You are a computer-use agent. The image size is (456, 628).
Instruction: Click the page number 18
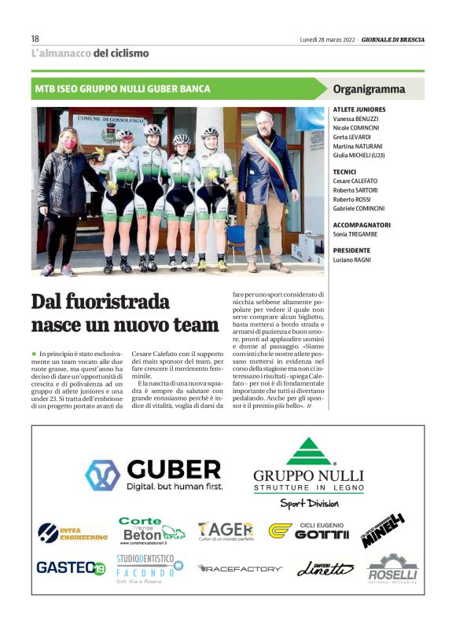pos(35,39)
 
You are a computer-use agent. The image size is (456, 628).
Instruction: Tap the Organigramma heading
pos(369,89)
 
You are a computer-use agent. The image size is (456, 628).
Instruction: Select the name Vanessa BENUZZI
pos(359,118)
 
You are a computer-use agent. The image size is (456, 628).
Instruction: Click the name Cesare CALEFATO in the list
pos(359,181)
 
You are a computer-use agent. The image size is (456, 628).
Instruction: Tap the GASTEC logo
pos(71,567)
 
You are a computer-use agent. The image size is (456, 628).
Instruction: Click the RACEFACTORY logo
pos(240,567)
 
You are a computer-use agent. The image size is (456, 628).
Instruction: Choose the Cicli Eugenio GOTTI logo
pos(307,531)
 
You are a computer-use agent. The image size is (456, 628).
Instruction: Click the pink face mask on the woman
pos(69,144)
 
